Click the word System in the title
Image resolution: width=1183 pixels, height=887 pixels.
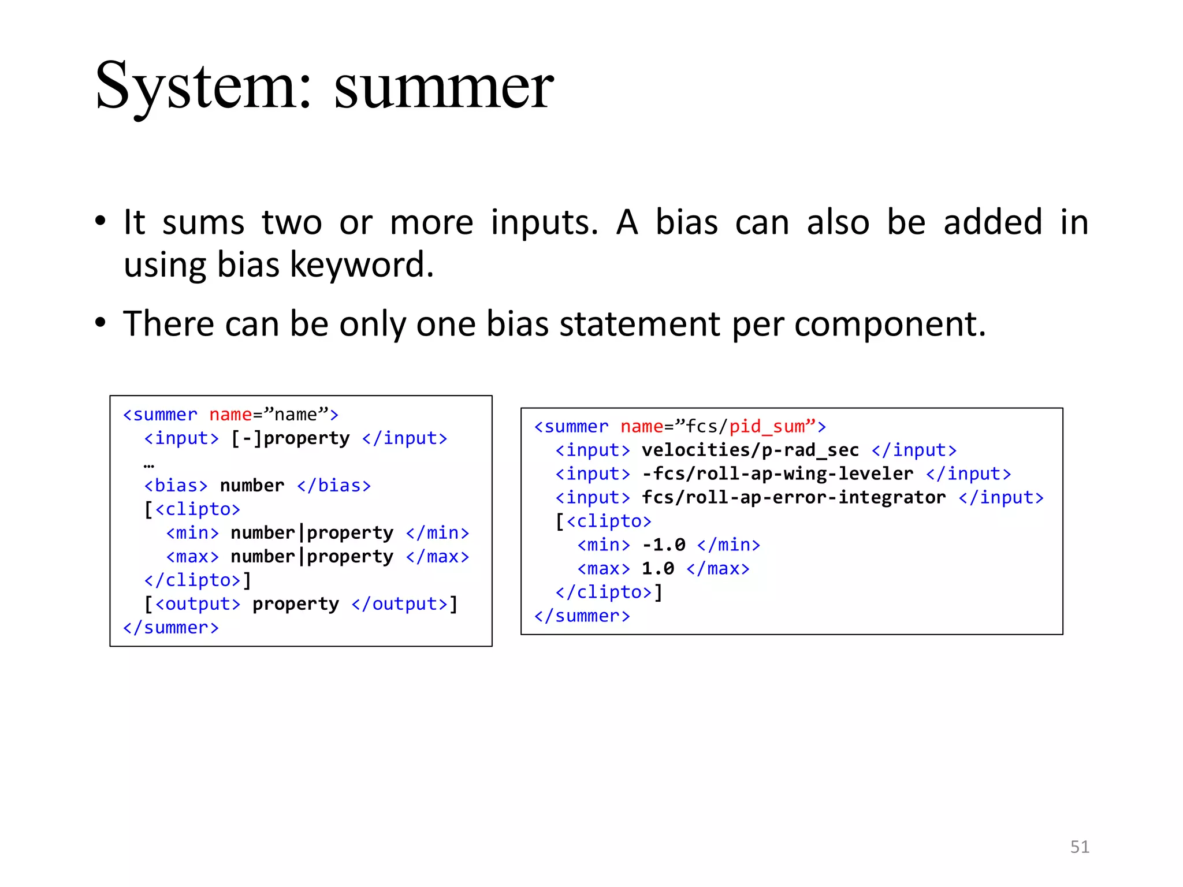click(x=196, y=87)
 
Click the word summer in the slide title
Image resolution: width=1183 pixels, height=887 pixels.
click(x=444, y=87)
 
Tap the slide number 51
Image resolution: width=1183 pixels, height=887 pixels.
click(x=1080, y=847)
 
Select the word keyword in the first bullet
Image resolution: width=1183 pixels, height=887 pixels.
click(x=361, y=265)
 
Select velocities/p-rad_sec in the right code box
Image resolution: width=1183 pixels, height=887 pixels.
click(x=750, y=450)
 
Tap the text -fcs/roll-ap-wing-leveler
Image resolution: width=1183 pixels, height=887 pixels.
click(x=777, y=474)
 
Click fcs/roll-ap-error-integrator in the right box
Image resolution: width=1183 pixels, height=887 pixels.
click(x=794, y=498)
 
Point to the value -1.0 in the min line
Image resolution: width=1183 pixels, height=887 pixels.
click(x=664, y=545)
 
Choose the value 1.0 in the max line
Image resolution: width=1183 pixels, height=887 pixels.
click(x=658, y=569)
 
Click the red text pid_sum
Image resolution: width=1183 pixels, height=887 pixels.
click(x=767, y=427)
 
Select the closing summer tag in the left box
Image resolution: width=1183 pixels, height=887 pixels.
click(x=171, y=628)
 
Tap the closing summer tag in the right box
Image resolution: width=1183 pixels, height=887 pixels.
click(x=582, y=616)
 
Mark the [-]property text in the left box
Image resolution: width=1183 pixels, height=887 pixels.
click(x=290, y=438)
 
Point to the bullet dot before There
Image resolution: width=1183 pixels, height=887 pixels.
click(x=101, y=322)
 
